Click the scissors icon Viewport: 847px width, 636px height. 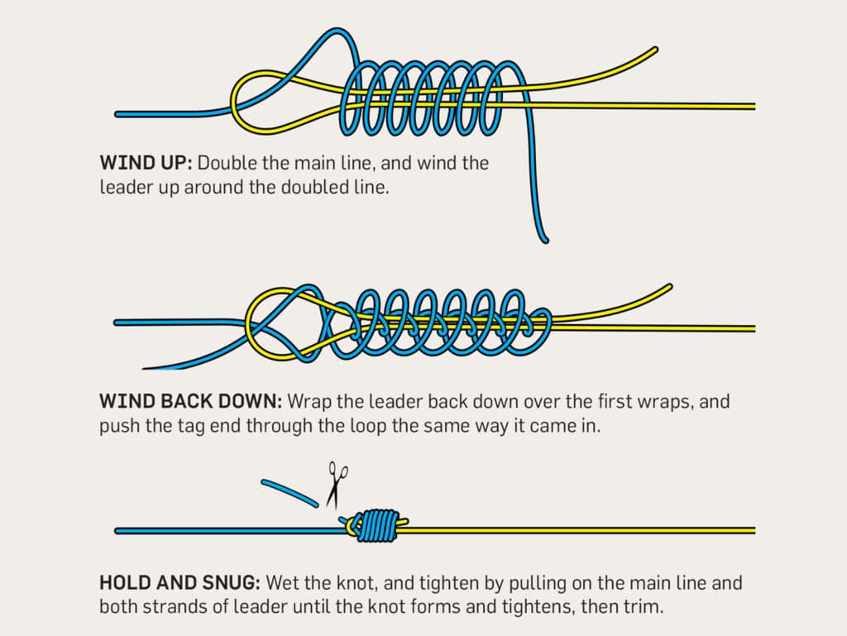coord(337,485)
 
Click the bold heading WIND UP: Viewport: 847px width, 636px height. coord(143,162)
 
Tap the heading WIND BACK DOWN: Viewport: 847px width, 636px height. coord(189,401)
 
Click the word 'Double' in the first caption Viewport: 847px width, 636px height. coord(227,162)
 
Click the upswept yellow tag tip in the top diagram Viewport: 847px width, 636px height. coord(653,52)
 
